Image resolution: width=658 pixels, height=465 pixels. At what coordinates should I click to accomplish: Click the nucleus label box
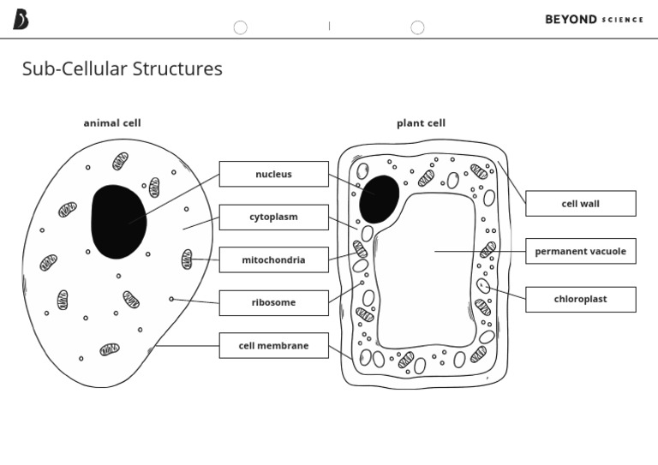tap(273, 174)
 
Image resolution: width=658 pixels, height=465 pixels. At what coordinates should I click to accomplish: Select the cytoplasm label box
tap(273, 217)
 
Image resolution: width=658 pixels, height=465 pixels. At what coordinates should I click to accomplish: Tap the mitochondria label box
tap(273, 259)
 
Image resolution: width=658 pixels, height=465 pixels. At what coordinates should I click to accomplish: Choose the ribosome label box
tap(273, 302)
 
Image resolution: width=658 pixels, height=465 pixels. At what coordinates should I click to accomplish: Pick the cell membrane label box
tap(273, 345)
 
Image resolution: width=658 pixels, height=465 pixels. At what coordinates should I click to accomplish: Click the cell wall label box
tap(580, 204)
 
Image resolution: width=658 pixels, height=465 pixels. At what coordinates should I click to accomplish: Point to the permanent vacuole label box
tap(580, 251)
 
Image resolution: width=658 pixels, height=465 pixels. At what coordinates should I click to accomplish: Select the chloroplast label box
tap(580, 299)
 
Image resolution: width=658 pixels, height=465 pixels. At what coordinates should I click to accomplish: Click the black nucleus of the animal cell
tap(117, 221)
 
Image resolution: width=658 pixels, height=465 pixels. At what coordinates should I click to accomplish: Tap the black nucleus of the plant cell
tap(379, 198)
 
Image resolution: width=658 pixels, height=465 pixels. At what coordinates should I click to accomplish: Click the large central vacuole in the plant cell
tap(427, 270)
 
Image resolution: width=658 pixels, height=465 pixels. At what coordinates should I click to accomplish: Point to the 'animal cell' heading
tap(112, 122)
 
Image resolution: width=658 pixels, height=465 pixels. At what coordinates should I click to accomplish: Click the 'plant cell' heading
tap(421, 122)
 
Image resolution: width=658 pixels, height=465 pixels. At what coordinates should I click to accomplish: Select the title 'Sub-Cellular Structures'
tap(122, 69)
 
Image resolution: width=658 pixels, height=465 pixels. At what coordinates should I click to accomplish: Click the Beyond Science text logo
tap(594, 19)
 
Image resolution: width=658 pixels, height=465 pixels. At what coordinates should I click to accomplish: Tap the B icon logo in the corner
tap(20, 19)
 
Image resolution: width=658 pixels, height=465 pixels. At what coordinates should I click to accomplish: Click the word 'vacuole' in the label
tap(606, 251)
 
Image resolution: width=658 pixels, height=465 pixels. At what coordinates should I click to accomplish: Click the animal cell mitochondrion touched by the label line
tap(187, 259)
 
